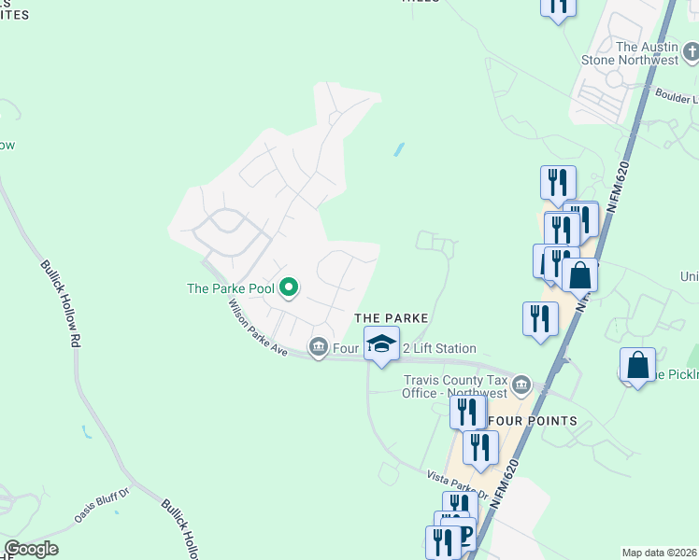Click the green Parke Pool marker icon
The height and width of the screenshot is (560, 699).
click(289, 288)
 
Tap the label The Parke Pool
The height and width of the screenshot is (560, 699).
click(231, 288)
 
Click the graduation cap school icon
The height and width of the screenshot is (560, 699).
click(381, 343)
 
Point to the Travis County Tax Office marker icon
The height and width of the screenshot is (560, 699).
click(521, 385)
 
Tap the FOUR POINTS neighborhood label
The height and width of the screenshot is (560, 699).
click(536, 421)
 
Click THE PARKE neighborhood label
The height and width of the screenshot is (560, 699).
click(391, 318)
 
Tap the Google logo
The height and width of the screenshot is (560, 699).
click(31, 550)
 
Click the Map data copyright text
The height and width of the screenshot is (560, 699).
click(659, 553)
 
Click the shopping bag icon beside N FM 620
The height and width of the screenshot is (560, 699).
click(580, 275)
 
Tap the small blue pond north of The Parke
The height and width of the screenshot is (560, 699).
click(399, 149)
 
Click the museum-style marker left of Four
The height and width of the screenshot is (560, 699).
click(318, 349)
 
